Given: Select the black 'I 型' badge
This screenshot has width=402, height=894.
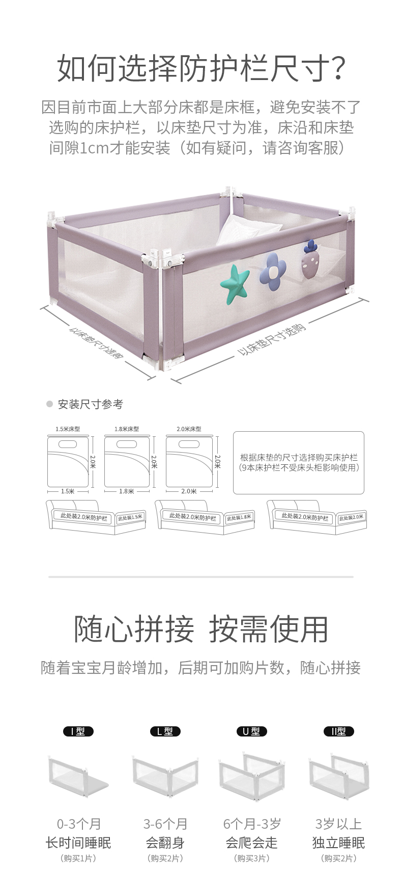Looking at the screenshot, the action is coord(78,731).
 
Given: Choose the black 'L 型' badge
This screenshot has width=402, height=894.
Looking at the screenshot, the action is coord(165,731).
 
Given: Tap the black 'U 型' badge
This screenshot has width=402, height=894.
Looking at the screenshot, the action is coord(251,731).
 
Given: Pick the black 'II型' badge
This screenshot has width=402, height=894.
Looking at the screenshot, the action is coord(338,731).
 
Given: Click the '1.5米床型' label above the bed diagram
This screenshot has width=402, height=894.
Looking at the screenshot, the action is coord(68,429).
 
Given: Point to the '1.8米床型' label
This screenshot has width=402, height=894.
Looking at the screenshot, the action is coord(127,429).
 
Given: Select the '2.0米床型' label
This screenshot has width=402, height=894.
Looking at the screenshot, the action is coord(189,429).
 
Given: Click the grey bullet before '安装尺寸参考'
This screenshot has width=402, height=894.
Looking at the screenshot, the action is coord(49,404).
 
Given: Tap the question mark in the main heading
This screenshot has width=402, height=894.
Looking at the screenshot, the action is coord(334,69).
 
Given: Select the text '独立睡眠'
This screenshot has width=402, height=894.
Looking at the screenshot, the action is coord(338,843).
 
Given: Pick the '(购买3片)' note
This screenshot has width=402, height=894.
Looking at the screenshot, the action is coord(251,859).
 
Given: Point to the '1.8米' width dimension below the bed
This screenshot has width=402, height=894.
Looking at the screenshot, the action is coord(127,491).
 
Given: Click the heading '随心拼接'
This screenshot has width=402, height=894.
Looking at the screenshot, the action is coord(134,629).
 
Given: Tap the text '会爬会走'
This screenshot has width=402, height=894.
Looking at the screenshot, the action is coord(251,843).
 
